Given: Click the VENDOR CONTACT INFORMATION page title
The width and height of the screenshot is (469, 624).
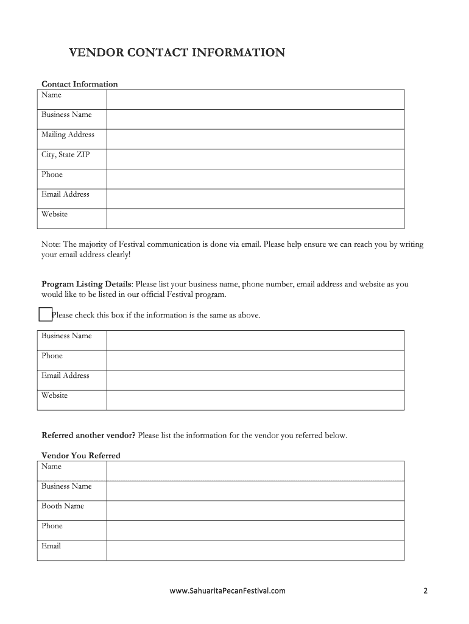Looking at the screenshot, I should [177, 53].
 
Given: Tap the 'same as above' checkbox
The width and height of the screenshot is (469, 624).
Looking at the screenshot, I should [44, 314].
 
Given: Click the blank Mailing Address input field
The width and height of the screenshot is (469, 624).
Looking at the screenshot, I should [255, 139].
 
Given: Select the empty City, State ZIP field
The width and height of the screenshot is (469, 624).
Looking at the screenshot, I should [255, 159].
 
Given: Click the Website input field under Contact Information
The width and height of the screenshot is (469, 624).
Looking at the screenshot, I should [255, 219].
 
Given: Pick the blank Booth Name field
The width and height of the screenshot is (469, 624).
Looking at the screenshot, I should [255, 511].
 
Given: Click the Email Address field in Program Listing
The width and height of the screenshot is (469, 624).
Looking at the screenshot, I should [255, 380].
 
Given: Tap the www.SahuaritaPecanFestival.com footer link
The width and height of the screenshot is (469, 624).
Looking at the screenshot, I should [227, 590].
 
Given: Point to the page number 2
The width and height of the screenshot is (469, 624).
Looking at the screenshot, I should [426, 590].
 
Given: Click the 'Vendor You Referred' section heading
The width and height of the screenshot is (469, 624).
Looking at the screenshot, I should [81, 455].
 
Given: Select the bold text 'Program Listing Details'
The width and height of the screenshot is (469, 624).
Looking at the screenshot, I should [86, 284].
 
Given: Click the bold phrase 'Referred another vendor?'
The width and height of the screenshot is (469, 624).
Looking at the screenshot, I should [88, 436].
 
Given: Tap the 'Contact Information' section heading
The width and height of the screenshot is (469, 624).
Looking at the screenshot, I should [79, 84].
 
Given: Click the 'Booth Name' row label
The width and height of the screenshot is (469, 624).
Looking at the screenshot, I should [63, 506].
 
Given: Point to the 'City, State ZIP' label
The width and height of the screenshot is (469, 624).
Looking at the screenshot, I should [65, 155].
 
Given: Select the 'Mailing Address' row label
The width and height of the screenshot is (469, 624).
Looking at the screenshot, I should [68, 135].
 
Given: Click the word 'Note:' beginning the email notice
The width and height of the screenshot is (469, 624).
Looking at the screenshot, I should [51, 244].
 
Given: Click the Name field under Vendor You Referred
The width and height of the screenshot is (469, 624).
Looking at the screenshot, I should [255, 471].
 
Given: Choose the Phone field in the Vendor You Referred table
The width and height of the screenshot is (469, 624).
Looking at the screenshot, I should [255, 531].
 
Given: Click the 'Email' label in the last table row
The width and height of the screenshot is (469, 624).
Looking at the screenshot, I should [51, 546].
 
